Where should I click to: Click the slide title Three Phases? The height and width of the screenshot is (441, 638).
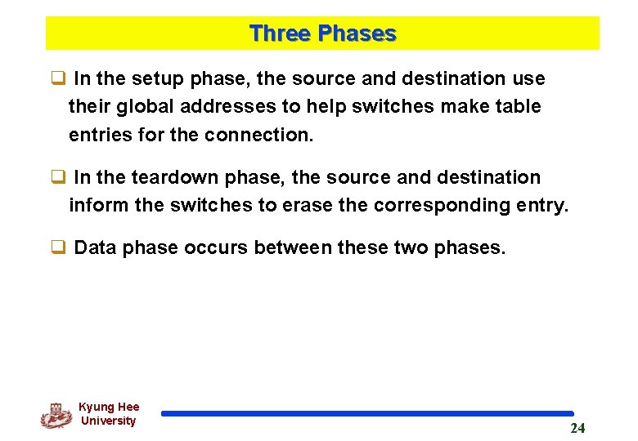tap(322, 33)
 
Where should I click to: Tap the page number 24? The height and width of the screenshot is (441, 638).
tap(577, 428)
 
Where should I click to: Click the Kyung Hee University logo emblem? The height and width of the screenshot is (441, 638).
tap(56, 416)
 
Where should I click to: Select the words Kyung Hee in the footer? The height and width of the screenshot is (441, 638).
tap(109, 407)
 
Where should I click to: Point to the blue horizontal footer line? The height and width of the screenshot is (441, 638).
tap(367, 414)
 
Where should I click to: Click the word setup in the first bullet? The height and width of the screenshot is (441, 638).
tap(160, 79)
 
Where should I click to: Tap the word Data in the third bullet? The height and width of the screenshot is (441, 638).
tap(96, 247)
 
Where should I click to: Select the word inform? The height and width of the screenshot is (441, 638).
tap(99, 205)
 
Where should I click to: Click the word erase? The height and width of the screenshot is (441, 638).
tap(307, 205)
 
